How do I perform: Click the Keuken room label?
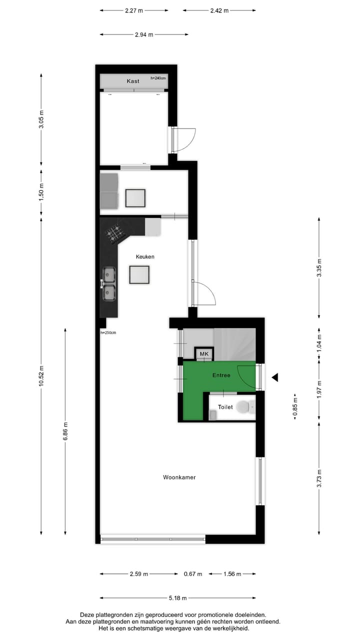point(145,256)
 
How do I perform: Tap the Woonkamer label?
point(179,477)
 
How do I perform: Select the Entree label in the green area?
point(221,375)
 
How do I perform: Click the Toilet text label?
point(225,407)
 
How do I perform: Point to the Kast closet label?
point(132,80)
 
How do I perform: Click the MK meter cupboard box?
point(204,354)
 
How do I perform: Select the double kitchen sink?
point(109,283)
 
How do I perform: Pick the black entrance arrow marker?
point(274,378)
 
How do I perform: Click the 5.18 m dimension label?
point(177,597)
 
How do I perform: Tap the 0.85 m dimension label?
point(295,407)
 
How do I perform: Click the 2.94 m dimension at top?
point(144,34)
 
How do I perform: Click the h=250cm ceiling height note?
point(108,332)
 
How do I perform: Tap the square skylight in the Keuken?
point(139,274)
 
